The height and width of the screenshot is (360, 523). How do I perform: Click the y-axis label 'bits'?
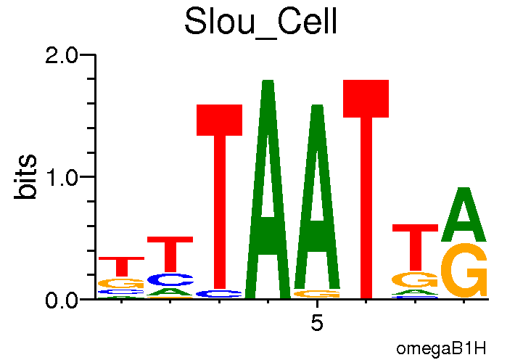coord(27,176)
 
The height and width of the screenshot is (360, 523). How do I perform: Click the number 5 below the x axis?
coord(317,323)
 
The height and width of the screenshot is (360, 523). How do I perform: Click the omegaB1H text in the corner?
coord(441,348)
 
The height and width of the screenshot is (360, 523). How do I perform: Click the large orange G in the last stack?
coord(464,270)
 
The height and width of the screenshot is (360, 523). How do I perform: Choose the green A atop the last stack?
coord(464,216)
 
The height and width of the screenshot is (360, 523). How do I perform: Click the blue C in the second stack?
coord(170,279)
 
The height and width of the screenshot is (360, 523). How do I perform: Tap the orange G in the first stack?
coord(122,283)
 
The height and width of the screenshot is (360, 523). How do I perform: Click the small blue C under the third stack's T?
coord(220,294)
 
